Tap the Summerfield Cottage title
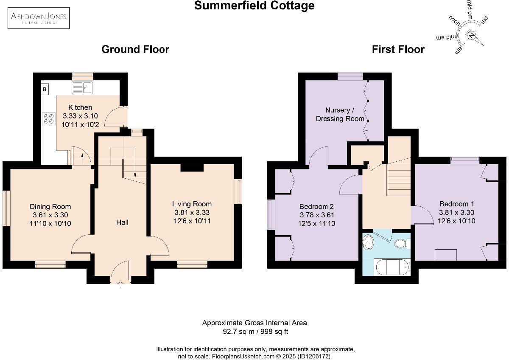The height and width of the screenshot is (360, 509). [255, 6]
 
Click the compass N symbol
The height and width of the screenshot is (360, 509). [471, 35]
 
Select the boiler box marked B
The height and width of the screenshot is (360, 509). [45, 89]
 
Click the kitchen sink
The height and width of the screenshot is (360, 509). [83, 88]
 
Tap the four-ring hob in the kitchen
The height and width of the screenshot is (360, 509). [48, 118]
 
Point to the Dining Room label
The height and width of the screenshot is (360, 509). [50, 207]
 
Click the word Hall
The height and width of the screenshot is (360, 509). [122, 222]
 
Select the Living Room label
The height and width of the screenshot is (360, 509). [192, 204]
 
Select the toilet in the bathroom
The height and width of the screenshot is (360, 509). [400, 244]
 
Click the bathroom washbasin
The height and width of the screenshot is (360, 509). [368, 242]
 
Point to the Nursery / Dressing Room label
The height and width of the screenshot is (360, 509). [340, 115]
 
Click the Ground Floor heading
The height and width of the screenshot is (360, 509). [135, 49]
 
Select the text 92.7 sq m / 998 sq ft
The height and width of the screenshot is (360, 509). [255, 331]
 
